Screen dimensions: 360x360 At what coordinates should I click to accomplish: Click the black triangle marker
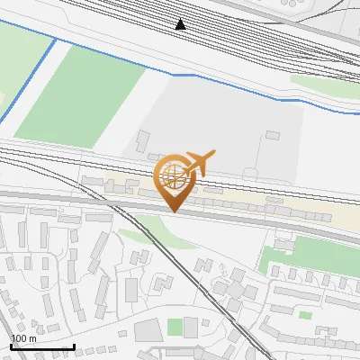tap(181, 24)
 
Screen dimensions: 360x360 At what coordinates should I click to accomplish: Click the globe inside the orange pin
tap(173, 177)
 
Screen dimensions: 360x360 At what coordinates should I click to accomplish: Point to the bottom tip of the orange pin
tap(173, 211)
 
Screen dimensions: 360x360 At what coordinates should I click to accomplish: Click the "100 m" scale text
tap(23, 338)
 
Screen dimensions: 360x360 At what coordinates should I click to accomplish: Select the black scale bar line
tap(41, 346)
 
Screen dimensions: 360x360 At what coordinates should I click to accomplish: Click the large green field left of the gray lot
tap(81, 94)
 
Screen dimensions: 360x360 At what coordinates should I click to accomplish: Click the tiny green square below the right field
tap(306, 315)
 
